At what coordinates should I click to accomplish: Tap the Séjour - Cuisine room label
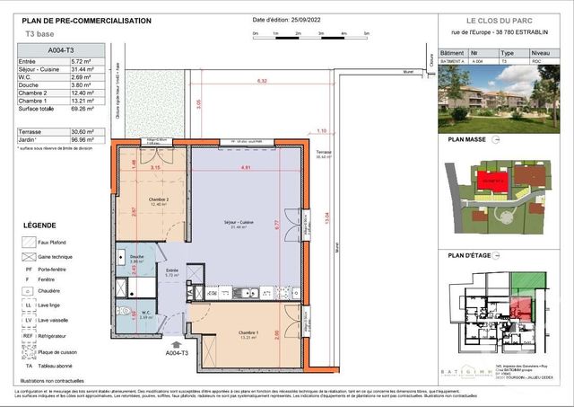tap(239, 221)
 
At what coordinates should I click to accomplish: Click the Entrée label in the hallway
tap(172, 270)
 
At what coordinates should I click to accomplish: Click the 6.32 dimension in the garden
tap(262, 82)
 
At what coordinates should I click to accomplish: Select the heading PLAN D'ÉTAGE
tap(469, 256)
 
